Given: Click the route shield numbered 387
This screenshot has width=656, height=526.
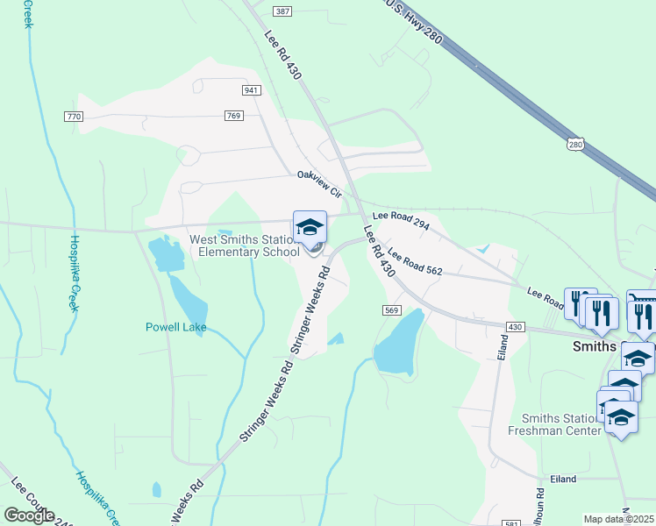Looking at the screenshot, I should tap(282, 11).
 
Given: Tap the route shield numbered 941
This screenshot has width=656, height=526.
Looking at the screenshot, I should tap(252, 90).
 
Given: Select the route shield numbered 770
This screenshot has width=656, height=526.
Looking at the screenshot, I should tap(74, 116).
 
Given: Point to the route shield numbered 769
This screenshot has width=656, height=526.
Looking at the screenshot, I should tap(233, 116).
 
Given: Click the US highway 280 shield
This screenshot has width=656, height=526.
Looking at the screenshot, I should tap(574, 144).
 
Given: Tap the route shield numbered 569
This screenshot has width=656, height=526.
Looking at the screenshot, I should tap(392, 310).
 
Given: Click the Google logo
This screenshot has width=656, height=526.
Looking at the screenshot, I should tap(29, 515).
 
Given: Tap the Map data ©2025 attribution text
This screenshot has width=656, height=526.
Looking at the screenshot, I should tap(618, 519).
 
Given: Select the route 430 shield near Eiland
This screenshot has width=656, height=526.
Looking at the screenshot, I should tap(514, 326).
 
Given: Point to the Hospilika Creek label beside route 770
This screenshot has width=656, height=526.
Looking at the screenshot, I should tap(75, 274).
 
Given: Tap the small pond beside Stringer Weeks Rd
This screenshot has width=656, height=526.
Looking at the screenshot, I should tap(336, 338).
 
